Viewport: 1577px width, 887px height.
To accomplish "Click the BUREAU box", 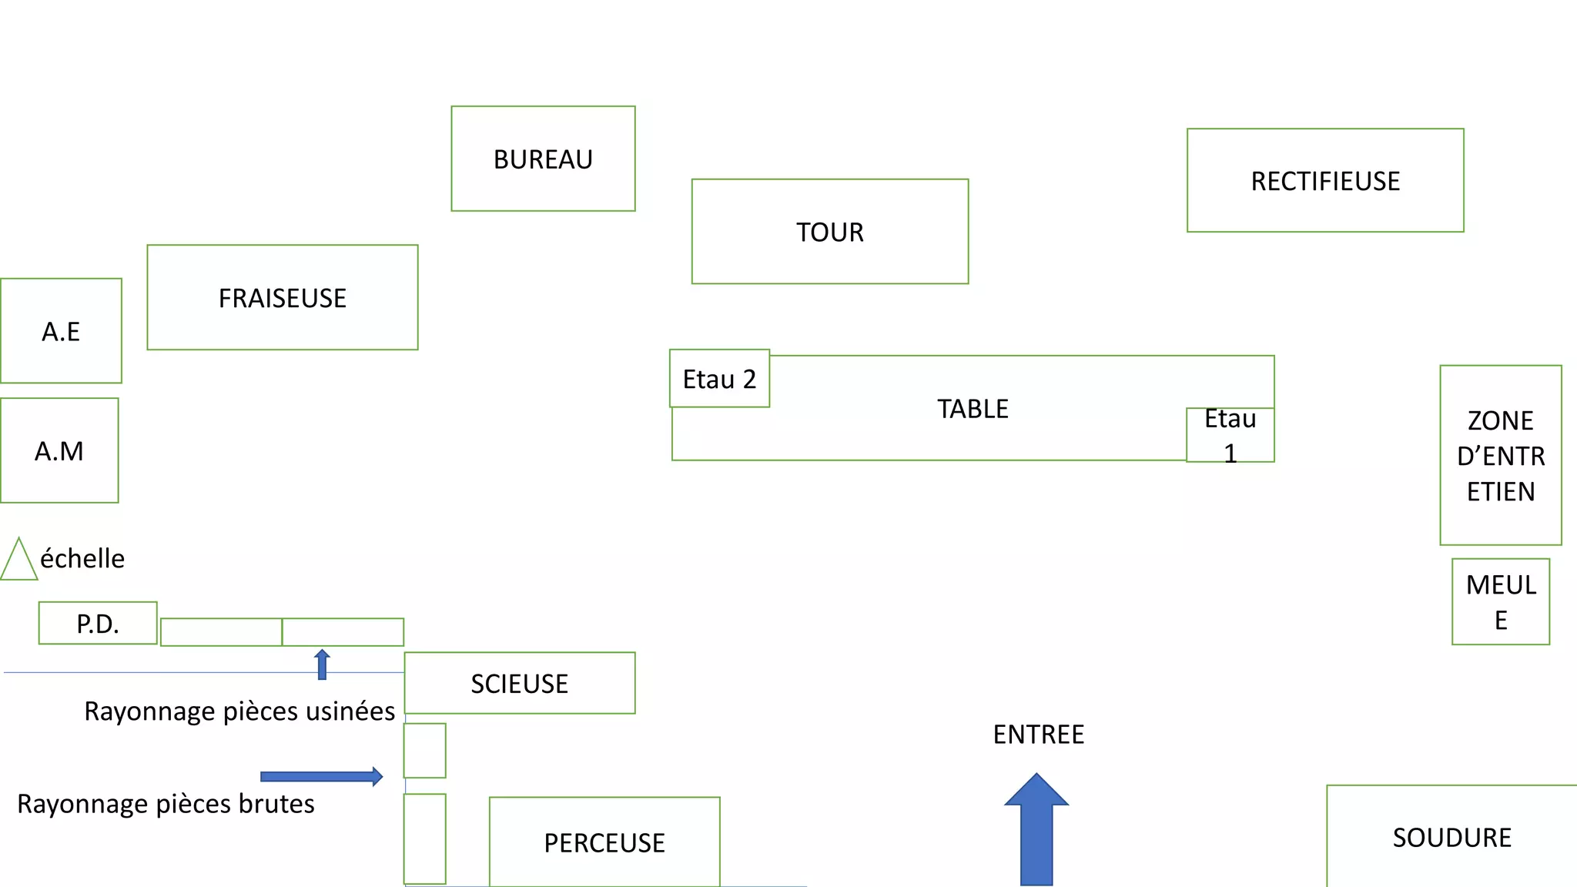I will click(543, 159).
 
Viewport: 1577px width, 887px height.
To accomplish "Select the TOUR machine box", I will click(829, 232).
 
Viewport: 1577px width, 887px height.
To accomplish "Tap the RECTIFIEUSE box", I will click(1324, 180).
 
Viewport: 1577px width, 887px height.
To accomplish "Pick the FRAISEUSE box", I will click(282, 297).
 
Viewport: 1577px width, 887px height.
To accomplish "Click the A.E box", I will click(61, 331).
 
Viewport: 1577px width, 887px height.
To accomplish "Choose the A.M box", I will click(59, 450).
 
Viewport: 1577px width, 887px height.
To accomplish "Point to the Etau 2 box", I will click(719, 378).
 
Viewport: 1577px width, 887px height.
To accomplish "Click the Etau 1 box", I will click(1230, 435).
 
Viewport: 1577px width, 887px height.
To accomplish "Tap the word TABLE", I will click(972, 409).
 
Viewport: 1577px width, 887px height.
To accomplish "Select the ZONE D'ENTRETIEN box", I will click(1500, 455).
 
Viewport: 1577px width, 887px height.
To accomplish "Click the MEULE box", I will click(1500, 601).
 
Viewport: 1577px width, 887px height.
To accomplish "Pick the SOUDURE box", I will click(1451, 837).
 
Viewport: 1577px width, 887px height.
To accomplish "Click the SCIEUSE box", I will click(519, 683).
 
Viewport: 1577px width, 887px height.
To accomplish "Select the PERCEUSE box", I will click(604, 842).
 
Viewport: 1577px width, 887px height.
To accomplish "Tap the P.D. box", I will click(98, 623).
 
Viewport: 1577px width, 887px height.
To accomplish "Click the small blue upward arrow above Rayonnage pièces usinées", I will click(322, 664).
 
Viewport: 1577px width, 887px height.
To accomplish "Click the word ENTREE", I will click(1038, 735).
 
